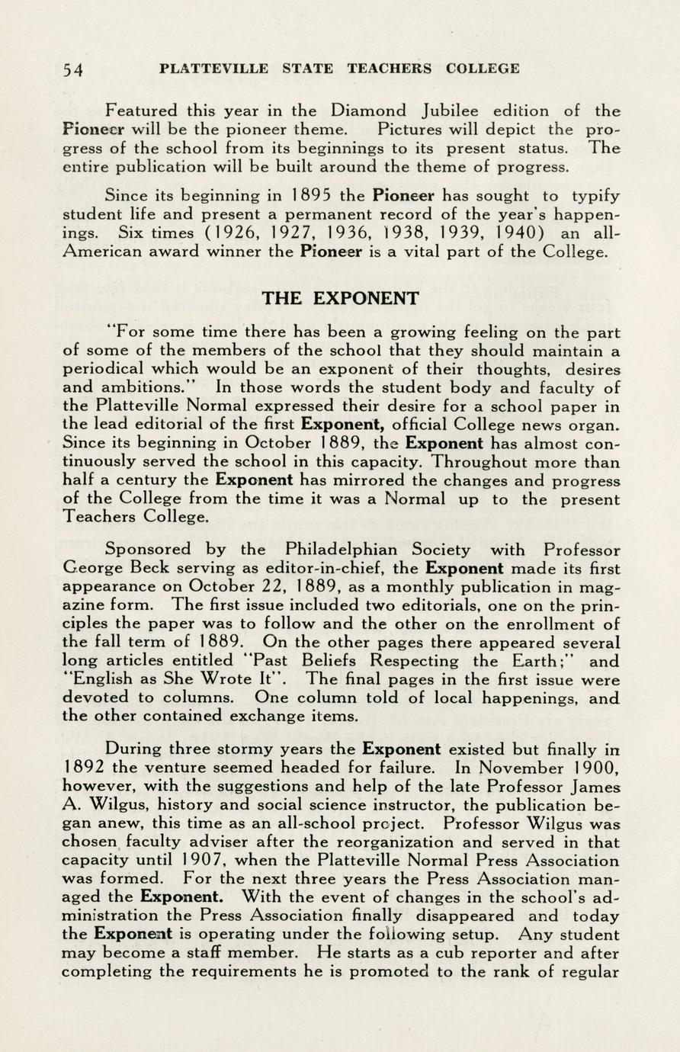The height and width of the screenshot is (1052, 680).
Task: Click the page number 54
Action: tap(73, 70)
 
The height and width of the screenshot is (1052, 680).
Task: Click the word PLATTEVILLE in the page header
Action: tap(214, 69)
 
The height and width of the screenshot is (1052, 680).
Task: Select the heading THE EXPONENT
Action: tap(340, 298)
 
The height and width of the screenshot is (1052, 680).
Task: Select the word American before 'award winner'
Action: tap(102, 253)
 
